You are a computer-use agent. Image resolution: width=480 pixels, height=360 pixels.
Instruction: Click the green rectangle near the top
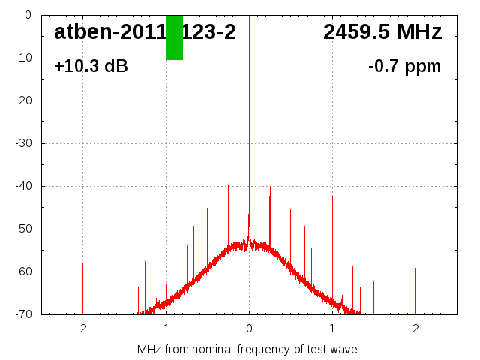point(174,37)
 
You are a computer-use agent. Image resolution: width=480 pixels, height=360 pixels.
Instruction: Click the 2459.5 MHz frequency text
point(382,32)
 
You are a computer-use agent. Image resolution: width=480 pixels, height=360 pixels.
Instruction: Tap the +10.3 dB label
point(91,66)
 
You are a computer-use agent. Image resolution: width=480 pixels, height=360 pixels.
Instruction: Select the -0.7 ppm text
point(404,66)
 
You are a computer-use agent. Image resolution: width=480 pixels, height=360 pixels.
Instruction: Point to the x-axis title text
point(247,349)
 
